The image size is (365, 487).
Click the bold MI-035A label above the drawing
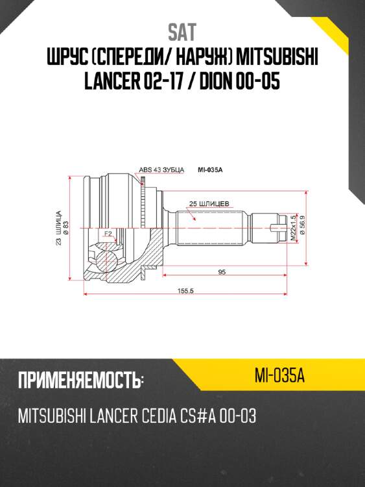click(210, 170)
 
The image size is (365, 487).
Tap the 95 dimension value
click(222, 272)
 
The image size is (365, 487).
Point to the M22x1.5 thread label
click(293, 229)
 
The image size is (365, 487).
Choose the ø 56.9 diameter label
click(301, 228)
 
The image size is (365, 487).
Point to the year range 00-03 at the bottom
click(238, 416)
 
